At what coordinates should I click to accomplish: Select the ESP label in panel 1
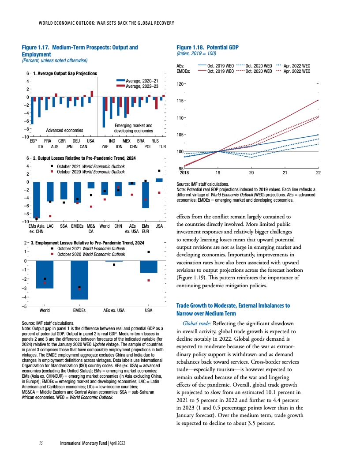33,140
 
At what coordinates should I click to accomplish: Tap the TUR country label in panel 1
162,146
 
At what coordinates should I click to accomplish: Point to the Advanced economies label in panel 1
64,130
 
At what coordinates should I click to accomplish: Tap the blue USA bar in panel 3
149,267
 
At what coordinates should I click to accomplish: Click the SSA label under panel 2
64,226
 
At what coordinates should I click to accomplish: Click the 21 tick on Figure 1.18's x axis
285,173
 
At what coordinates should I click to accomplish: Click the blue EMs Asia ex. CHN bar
37,199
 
